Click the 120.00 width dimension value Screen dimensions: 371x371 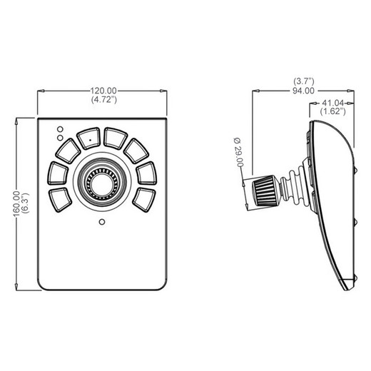click(103, 91)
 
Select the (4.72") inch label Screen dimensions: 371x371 click(104, 100)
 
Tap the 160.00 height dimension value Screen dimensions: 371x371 click(17, 204)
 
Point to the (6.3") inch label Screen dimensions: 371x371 click(26, 203)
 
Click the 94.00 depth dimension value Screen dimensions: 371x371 click(303, 91)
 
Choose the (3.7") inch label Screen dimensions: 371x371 click(304, 81)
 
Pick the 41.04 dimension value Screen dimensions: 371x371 click(332, 103)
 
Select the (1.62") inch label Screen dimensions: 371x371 click(332, 111)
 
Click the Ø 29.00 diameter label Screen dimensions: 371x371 click(238, 153)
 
